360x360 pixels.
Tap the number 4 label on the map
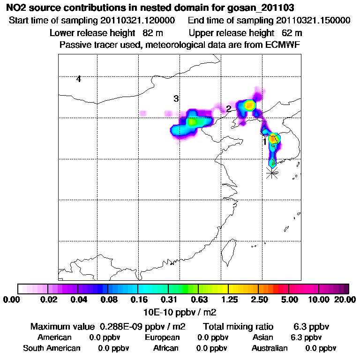pyautogui.click(x=79, y=79)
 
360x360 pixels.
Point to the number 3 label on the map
pyautogui.click(x=176, y=99)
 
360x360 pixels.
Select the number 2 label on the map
pyautogui.click(x=229, y=109)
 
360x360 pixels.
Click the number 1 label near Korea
pyautogui.click(x=265, y=141)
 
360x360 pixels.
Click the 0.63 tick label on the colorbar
pyautogui.click(x=198, y=300)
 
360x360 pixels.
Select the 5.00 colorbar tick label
pyautogui.click(x=289, y=300)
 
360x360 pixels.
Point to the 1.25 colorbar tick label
pyautogui.click(x=228, y=300)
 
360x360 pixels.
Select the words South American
pyautogui.click(x=52, y=348)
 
